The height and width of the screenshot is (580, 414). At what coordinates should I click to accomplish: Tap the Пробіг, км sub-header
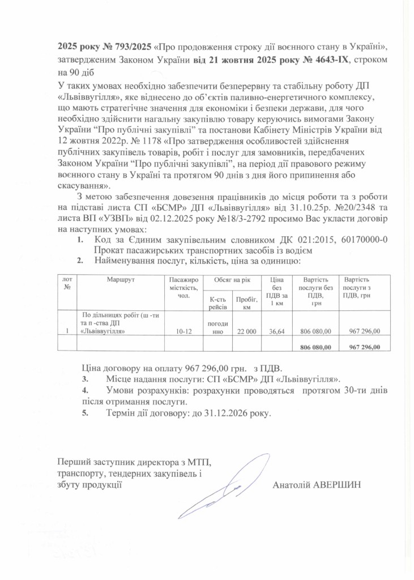(247, 302)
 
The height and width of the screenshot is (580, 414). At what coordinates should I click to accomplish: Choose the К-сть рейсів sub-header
(218, 302)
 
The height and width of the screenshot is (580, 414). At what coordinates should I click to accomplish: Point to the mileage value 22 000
(247, 331)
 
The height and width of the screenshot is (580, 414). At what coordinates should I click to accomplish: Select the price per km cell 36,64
(276, 331)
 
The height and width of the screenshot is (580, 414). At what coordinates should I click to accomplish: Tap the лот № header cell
(67, 283)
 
